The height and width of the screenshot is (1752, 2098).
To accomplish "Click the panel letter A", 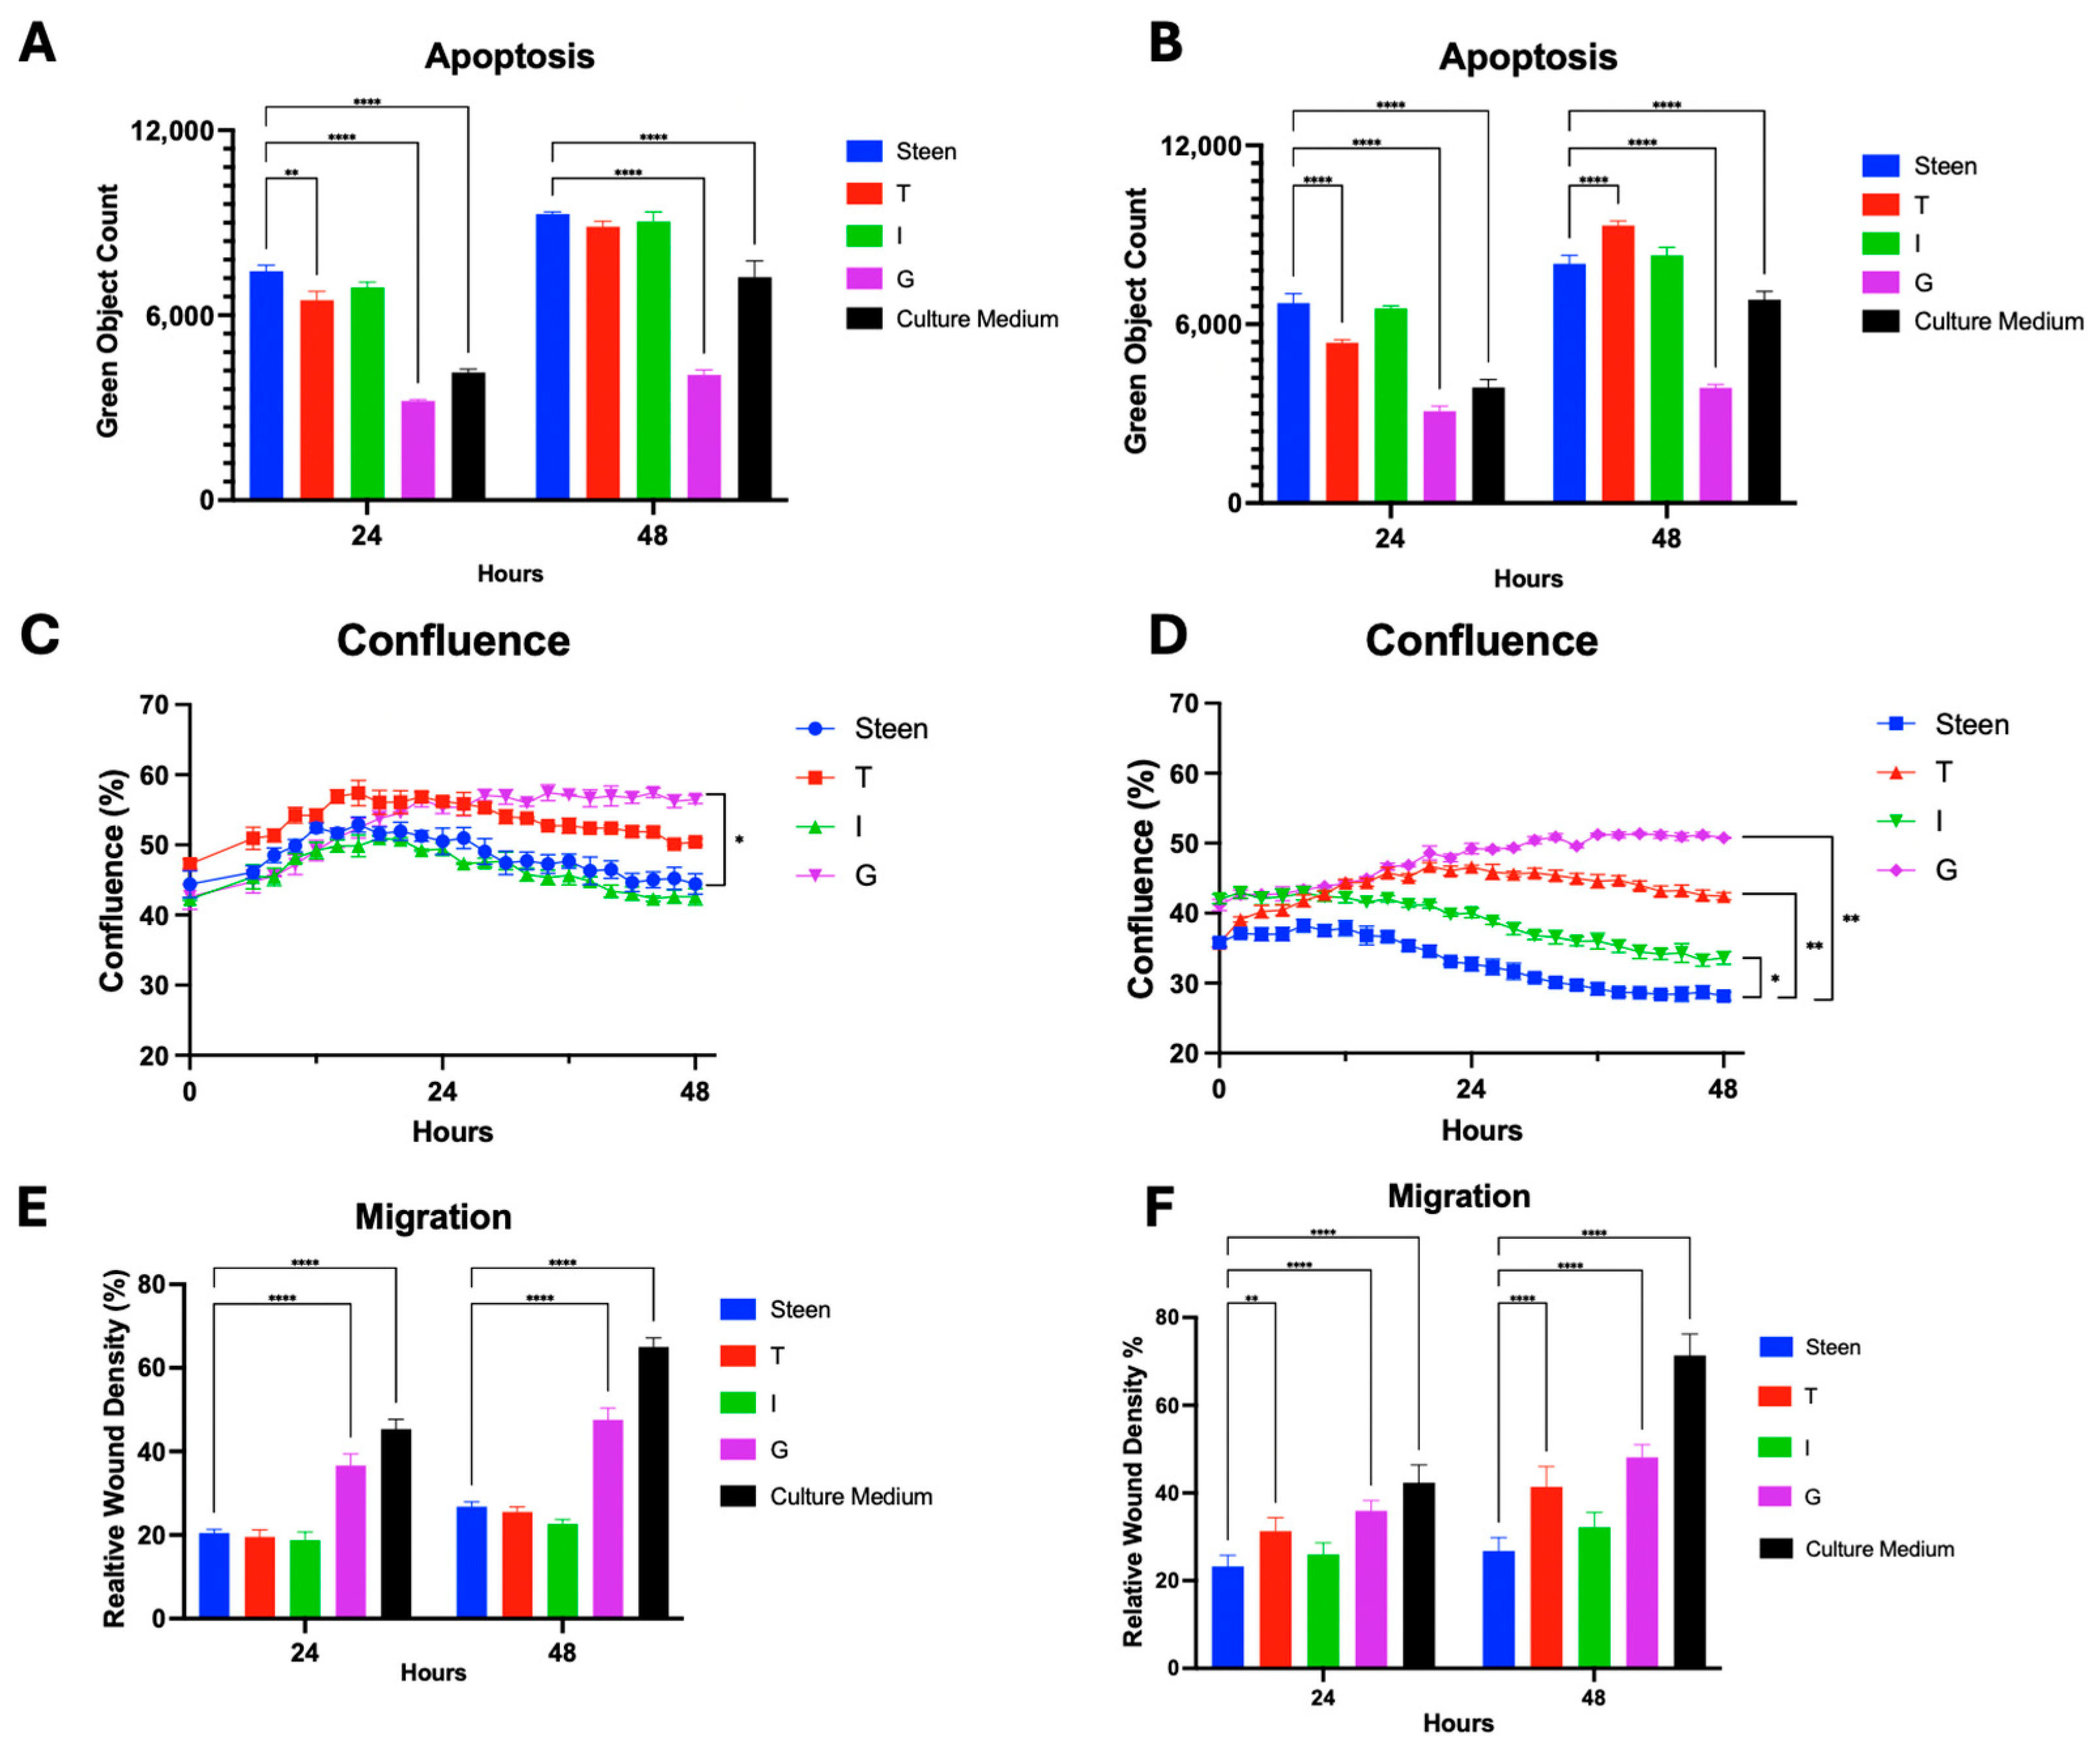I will [x=37, y=44].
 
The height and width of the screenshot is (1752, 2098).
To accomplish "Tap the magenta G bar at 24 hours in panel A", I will [x=418, y=450].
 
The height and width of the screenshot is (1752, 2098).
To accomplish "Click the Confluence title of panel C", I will [x=453, y=641].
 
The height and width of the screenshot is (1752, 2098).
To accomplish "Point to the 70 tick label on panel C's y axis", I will [x=154, y=705].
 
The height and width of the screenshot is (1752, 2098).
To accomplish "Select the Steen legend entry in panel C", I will [x=890, y=729].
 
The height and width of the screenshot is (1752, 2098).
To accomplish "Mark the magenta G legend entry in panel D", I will [x=1945, y=871].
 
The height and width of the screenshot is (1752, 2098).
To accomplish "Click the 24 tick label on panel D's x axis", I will [x=1469, y=1088].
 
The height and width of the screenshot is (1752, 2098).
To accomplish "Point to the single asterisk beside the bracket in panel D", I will [x=1775, y=979].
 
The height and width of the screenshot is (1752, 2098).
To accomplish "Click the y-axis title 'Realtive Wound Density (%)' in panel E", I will [x=115, y=1449].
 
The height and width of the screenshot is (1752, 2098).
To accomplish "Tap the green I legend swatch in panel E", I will [x=737, y=1403].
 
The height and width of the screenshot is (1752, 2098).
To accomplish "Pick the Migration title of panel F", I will [x=1458, y=1196].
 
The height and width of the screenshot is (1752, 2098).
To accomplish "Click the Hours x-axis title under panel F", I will [x=1458, y=1723].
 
